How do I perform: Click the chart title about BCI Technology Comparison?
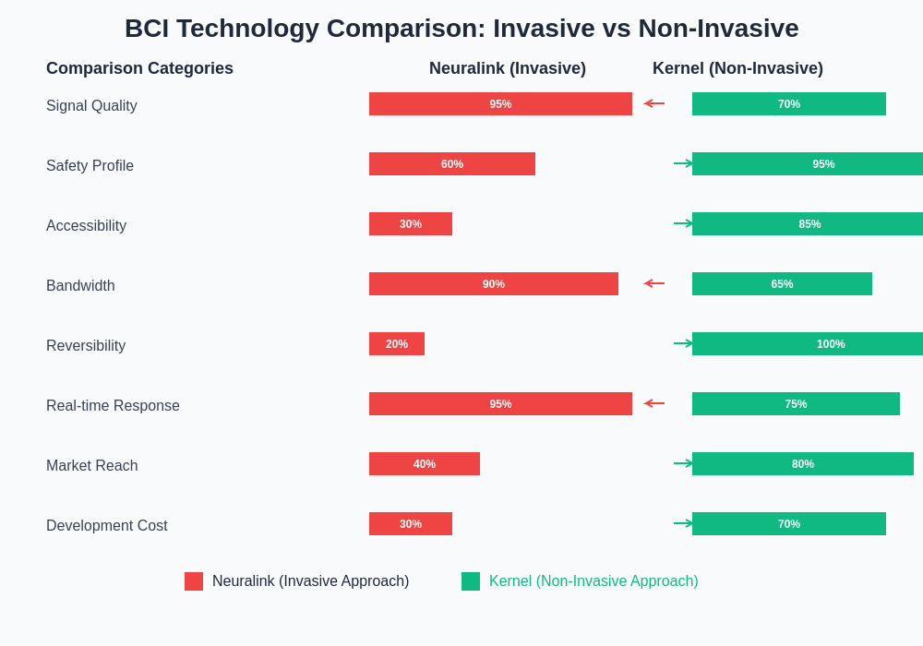(x=461, y=29)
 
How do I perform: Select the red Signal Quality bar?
(x=500, y=104)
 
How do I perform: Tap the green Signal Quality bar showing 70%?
(x=789, y=104)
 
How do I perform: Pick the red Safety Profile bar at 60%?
(x=452, y=164)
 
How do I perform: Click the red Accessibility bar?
(x=411, y=224)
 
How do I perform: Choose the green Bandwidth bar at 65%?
(x=782, y=284)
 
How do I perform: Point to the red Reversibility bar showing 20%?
(x=397, y=344)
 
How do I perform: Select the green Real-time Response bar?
(x=796, y=404)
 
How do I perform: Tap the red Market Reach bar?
(x=425, y=464)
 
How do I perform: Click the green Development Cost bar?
(x=789, y=524)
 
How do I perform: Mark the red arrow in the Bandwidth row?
(x=653, y=283)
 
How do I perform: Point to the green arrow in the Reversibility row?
(x=683, y=343)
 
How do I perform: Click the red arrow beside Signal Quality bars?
(x=653, y=103)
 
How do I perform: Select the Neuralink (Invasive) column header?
(x=508, y=68)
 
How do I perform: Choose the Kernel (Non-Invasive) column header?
(x=737, y=68)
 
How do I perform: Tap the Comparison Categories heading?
(x=139, y=68)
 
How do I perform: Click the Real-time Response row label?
(x=113, y=406)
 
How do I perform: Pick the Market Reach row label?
(x=92, y=466)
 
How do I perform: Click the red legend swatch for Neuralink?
(x=194, y=581)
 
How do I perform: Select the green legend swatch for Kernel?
(x=471, y=581)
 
